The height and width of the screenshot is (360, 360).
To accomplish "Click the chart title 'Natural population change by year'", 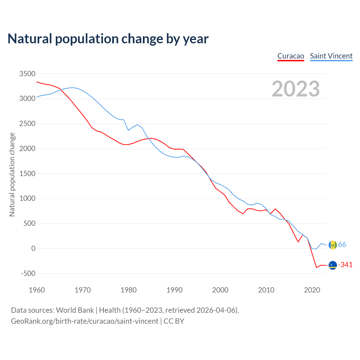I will click(108, 39).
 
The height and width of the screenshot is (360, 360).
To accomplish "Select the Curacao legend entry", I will click(291, 56).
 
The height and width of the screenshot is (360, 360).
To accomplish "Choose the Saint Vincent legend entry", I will click(331, 56).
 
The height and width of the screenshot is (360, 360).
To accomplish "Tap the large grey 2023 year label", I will click(296, 89).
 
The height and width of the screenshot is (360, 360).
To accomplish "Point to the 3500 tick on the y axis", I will click(27, 74).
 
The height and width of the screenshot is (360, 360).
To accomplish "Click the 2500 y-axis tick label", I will click(27, 123).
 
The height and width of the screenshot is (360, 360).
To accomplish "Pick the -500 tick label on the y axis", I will click(28, 273).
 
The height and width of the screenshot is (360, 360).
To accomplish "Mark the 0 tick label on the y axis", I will click(33, 248).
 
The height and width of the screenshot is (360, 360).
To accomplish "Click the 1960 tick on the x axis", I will click(37, 290).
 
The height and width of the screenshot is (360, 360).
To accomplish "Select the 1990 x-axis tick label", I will click(174, 290).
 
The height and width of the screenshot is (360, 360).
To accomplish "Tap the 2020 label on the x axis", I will click(312, 290).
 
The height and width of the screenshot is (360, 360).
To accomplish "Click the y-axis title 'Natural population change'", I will click(12, 175).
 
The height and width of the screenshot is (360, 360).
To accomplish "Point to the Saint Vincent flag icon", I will click(333, 245).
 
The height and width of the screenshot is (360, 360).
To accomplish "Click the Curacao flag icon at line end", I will click(333, 265).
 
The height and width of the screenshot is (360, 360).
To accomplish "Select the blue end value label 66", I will click(342, 245).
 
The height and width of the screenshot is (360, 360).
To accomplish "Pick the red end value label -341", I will click(345, 265).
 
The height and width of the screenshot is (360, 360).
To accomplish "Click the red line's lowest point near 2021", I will click(316, 267).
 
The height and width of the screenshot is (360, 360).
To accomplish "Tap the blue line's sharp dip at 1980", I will click(128, 130).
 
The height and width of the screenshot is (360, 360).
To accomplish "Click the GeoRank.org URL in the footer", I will click(85, 321).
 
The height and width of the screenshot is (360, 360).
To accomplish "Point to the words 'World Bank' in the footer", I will click(75, 310).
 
